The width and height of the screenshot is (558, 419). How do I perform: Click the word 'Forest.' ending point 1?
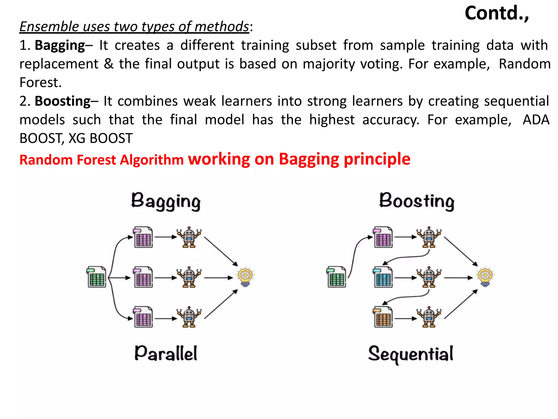tap(41, 82)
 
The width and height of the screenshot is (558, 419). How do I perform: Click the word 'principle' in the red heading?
tap(377, 159)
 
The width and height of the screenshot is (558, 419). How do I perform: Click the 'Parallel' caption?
tap(166, 354)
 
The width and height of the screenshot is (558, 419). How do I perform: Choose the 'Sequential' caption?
tap(411, 354)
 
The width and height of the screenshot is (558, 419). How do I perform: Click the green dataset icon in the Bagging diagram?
tap(97, 277)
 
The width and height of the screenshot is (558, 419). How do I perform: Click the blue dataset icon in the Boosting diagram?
tap(383, 277)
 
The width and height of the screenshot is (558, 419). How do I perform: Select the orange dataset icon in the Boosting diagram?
tap(383, 317)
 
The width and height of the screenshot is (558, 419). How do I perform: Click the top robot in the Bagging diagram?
tap(189, 237)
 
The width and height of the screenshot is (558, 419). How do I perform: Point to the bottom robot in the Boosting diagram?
tap(429, 317)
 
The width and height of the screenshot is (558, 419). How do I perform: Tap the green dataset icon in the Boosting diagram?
tap(336, 277)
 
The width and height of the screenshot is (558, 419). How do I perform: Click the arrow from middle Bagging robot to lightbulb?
tap(218, 278)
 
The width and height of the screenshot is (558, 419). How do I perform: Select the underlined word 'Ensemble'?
tap(49, 27)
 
